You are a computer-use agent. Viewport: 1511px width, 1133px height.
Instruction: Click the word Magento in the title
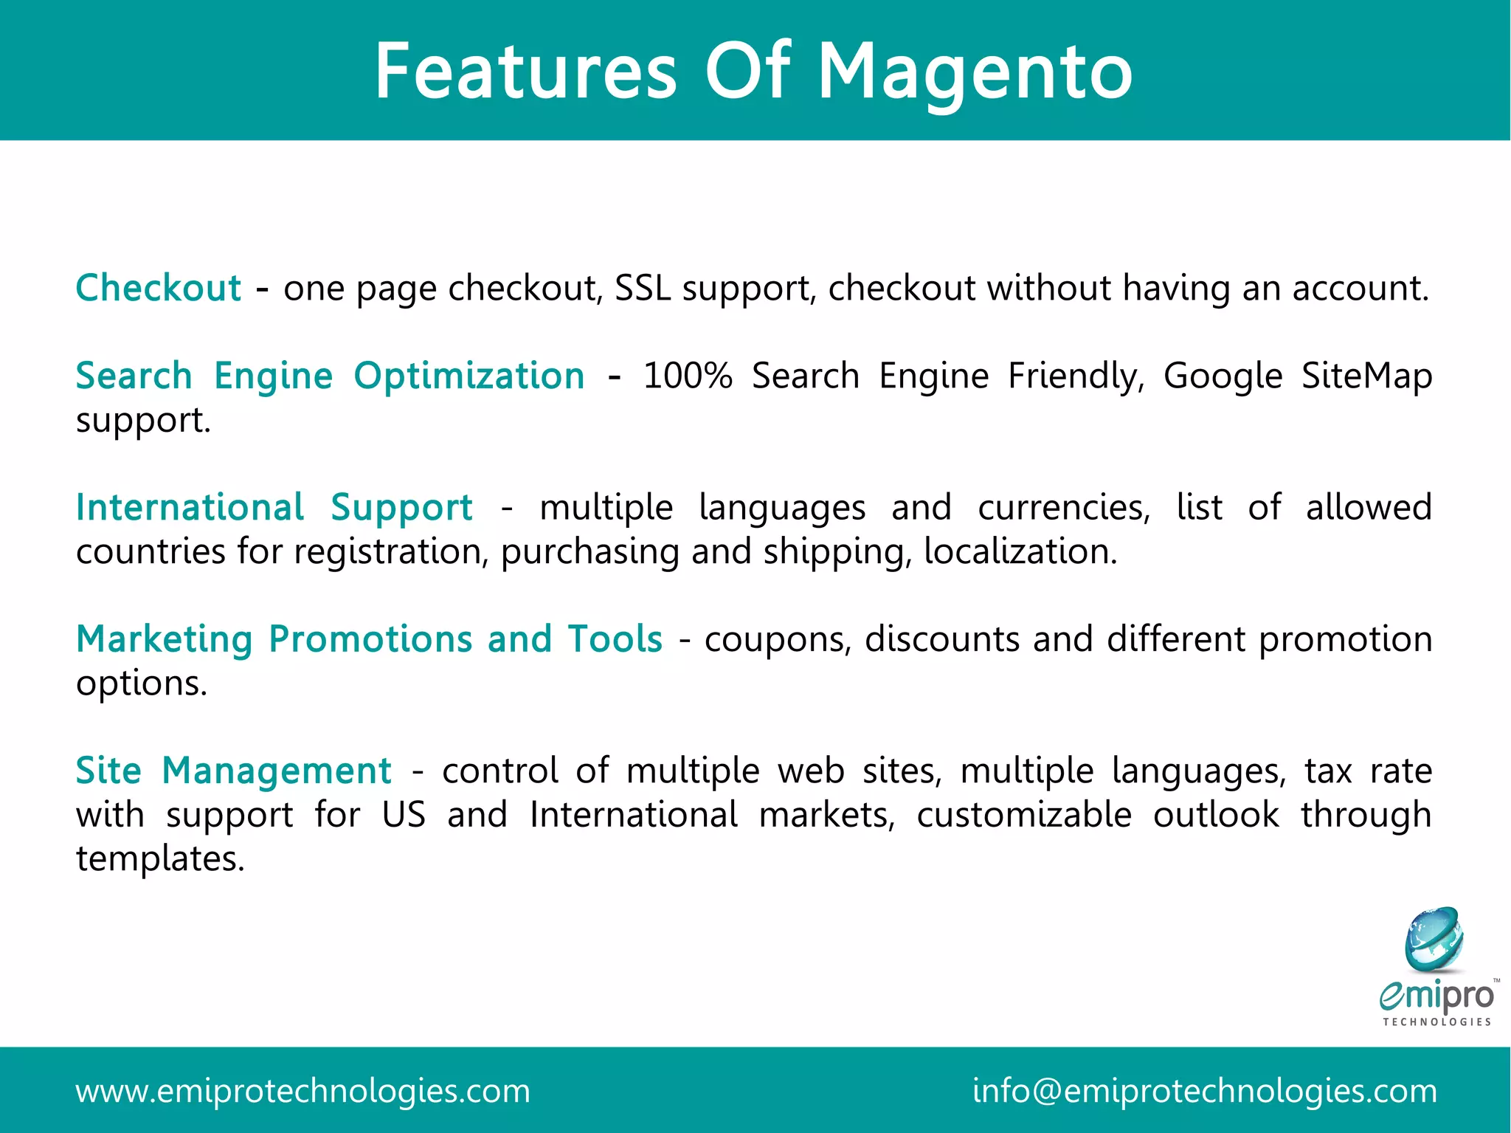coord(975,72)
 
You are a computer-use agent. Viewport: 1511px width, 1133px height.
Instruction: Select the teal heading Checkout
coord(158,288)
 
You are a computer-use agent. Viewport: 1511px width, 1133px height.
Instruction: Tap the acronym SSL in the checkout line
coord(643,288)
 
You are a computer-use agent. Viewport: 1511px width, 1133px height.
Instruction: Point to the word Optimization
coord(469,376)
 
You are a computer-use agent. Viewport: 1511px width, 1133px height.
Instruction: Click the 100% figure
coord(688,376)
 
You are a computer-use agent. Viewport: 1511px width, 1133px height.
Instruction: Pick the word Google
coord(1223,376)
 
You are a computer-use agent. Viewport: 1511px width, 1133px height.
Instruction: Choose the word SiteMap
coord(1366,376)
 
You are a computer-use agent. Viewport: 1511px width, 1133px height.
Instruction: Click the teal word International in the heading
coord(190,508)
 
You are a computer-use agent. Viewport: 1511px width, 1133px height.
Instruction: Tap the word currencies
coord(1063,508)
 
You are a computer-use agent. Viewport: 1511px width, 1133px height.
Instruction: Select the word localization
coord(1020,551)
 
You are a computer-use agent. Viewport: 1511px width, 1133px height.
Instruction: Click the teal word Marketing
coord(165,639)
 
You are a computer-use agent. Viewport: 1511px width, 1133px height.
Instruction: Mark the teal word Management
coord(277,771)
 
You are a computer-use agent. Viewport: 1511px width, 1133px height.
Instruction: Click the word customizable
coord(1024,815)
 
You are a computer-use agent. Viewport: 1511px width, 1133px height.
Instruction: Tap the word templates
coord(159,858)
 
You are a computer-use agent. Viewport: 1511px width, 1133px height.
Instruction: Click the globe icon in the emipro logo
coord(1434,940)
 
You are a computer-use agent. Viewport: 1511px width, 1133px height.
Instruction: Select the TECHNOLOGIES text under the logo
coord(1436,1022)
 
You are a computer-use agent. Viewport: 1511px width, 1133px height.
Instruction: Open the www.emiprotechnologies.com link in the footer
coord(302,1091)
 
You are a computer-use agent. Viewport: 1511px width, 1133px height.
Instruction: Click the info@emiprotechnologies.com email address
coord(1204,1091)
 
